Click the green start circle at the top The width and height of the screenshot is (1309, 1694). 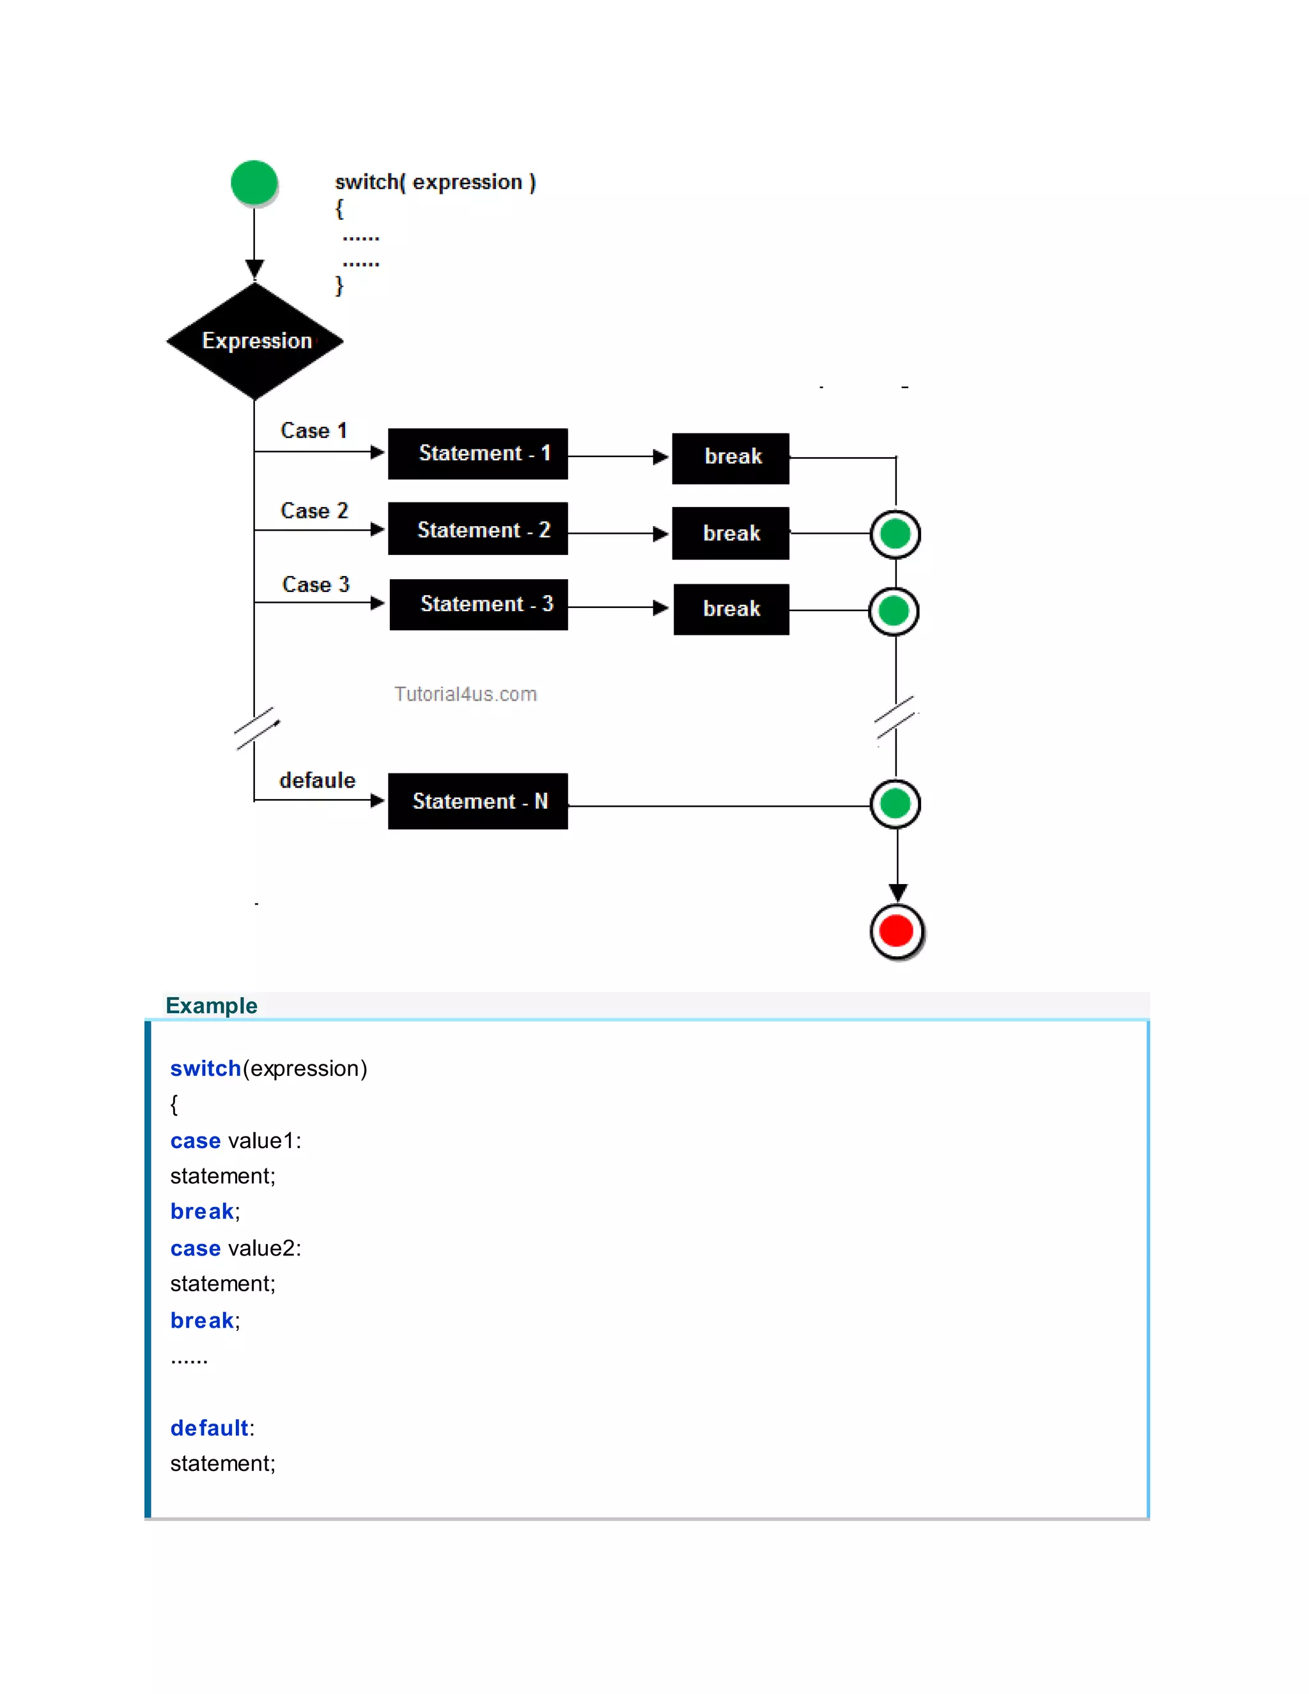254,183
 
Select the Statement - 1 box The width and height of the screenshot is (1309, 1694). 477,454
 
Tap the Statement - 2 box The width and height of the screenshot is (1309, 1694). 477,529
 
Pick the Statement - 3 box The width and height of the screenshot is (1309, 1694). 479,604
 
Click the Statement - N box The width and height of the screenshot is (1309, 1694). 477,801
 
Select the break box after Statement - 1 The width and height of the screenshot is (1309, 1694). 731,458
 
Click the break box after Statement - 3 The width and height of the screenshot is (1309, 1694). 731,609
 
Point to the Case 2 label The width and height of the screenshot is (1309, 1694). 314,510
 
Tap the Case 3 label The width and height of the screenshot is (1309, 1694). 316,584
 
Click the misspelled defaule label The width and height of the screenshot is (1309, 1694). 317,781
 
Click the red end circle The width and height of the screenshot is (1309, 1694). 897,931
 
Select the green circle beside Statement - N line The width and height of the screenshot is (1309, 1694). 895,804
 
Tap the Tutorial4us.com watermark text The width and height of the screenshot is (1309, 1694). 465,694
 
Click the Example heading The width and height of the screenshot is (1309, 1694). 211,1006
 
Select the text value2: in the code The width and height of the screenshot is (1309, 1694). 265,1248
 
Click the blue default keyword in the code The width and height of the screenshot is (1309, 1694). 210,1428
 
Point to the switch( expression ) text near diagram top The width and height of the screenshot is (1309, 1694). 435,182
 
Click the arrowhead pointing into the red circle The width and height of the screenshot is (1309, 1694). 897,893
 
